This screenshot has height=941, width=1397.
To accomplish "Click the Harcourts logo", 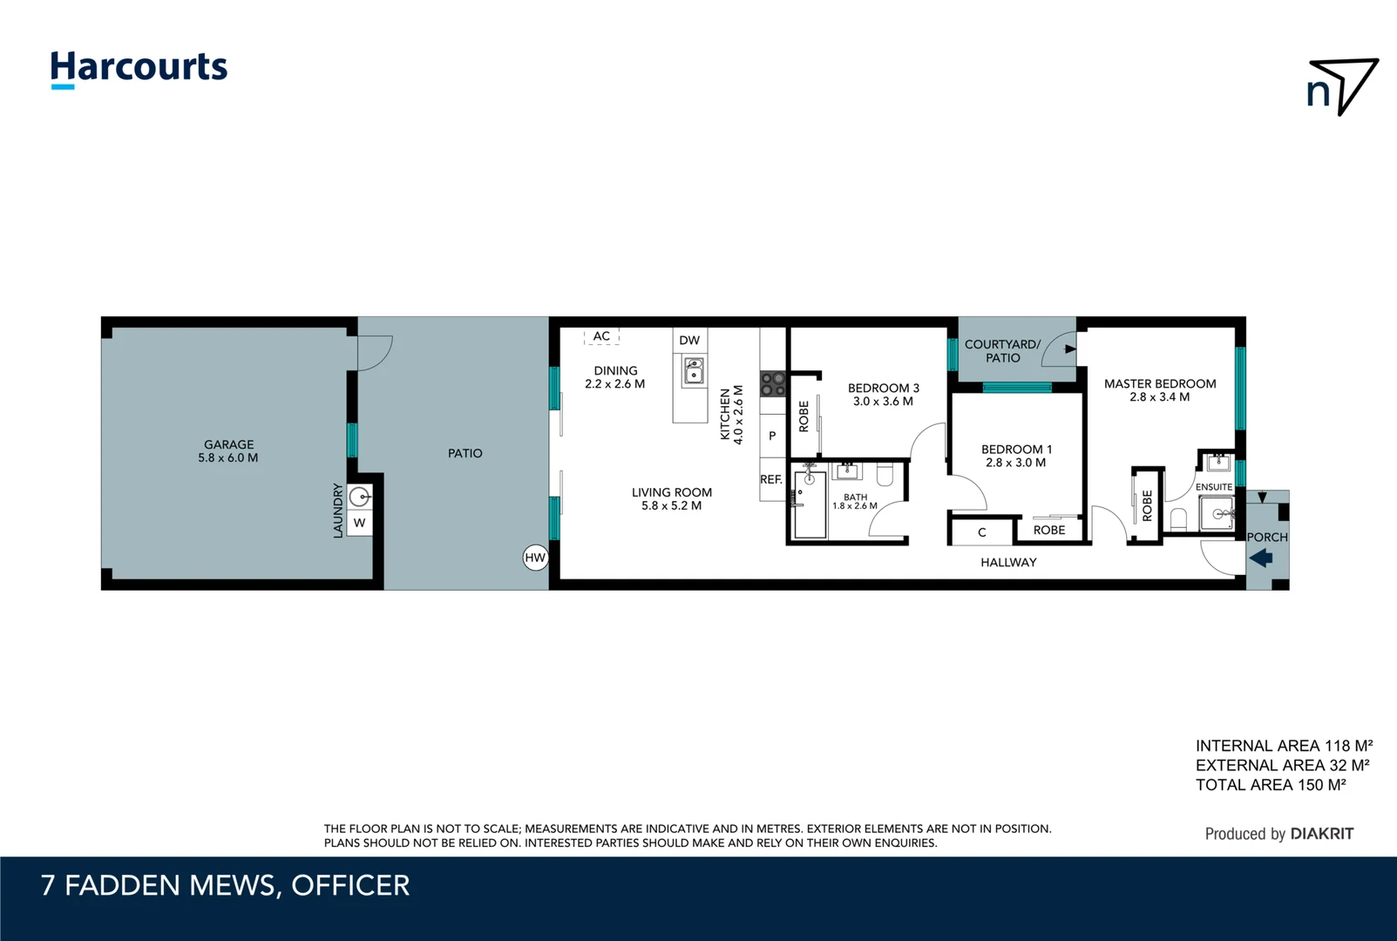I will [139, 68].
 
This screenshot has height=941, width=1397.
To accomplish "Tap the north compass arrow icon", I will [1342, 86].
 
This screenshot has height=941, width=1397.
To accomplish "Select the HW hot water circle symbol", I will [535, 558].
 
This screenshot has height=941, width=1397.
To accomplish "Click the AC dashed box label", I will [601, 336].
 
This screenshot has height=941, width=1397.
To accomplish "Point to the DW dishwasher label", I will [689, 341].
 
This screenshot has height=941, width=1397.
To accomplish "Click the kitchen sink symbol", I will [694, 370].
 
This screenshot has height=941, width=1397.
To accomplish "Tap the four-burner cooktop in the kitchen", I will [773, 384].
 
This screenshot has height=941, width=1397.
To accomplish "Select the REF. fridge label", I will [771, 479].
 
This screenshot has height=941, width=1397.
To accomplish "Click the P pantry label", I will [772, 436].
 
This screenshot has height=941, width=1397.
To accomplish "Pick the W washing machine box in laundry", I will [359, 523].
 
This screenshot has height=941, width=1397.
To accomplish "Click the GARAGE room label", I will [228, 444].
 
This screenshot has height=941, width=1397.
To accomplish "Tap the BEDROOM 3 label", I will [883, 388].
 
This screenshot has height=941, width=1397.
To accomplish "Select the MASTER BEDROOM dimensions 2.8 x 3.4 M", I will [1159, 397].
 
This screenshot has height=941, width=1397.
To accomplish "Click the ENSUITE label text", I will [1213, 487].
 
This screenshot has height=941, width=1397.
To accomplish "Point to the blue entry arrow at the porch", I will [1261, 559].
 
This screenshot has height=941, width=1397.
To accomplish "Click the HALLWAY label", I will [1008, 563].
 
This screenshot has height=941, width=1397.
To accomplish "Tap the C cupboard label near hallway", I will [982, 532].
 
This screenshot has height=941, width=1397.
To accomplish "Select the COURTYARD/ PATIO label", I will [1002, 351].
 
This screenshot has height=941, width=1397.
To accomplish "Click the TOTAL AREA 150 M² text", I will [1270, 785].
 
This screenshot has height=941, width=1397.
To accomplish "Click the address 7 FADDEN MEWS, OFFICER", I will [225, 885].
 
